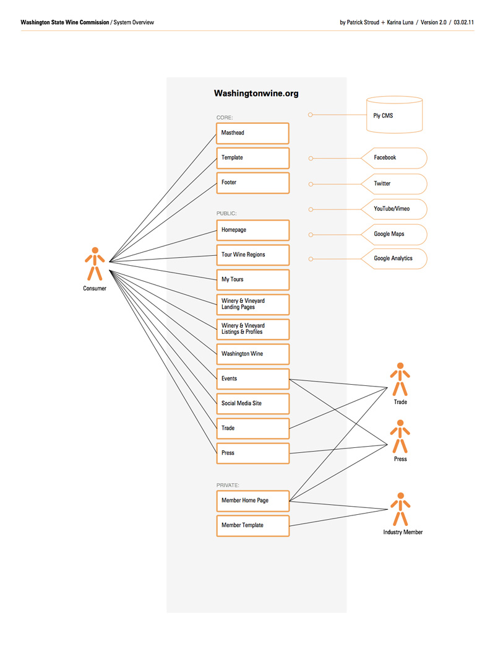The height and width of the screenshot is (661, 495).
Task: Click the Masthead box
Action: [x=252, y=133]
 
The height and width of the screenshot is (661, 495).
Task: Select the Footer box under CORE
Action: [x=252, y=183]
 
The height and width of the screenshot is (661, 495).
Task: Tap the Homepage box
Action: [x=252, y=230]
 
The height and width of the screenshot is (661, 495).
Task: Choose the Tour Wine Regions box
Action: [x=252, y=255]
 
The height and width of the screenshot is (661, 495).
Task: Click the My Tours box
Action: [x=252, y=280]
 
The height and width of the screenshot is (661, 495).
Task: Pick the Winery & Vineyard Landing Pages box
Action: [x=252, y=304]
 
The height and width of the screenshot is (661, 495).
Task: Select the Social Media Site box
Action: [x=252, y=404]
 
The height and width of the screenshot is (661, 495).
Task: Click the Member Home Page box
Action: [x=252, y=501]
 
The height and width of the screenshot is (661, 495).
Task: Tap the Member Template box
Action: [x=252, y=526]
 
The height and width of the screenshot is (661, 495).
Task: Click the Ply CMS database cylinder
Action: [x=394, y=115]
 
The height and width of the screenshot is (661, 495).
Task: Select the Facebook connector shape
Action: [x=394, y=158]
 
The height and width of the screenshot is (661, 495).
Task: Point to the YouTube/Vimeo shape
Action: [x=394, y=209]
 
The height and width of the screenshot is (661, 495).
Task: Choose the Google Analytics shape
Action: [x=394, y=259]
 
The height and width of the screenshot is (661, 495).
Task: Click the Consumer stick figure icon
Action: [x=95, y=264]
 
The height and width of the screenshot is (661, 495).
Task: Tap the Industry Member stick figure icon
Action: [x=400, y=509]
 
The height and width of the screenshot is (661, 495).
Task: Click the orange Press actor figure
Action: [x=400, y=436]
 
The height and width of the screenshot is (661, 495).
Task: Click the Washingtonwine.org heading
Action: [x=256, y=93]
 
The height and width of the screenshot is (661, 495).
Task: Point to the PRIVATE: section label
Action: [x=228, y=485]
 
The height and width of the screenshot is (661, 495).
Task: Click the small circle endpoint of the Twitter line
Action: [x=311, y=184]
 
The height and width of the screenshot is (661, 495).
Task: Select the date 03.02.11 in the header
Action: [x=463, y=22]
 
